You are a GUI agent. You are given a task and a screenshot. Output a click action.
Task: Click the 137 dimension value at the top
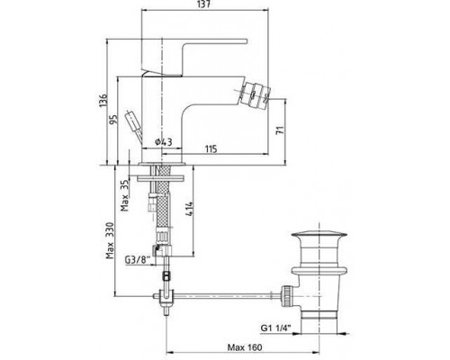pos(205,4)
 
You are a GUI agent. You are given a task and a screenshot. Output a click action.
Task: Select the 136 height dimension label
pos(103,101)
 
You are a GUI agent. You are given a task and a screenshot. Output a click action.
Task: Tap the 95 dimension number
pos(113,120)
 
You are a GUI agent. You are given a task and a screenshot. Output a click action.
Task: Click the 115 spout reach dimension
pos(211,149)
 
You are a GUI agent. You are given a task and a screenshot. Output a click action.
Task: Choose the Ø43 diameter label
pos(164,142)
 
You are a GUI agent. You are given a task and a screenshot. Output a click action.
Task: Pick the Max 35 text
pos(124,195)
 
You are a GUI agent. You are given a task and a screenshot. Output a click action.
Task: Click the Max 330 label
pos(110,240)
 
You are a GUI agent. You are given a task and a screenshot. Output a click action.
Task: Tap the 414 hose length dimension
pos(189,210)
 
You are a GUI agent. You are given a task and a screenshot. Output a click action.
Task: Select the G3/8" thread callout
pos(137,260)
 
